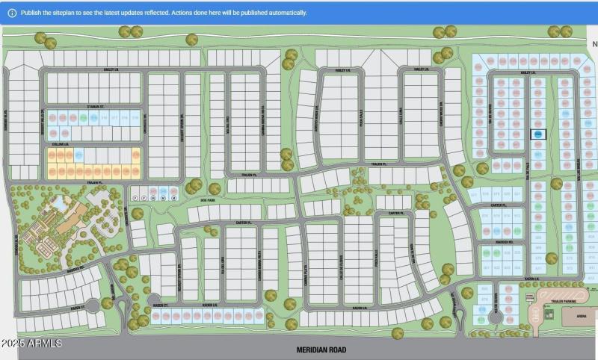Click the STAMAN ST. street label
click(93, 107)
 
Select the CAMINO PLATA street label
click(304, 265)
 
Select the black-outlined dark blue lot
click(537, 134)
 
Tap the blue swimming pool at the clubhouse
click(58, 202)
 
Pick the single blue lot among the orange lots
click(78, 155)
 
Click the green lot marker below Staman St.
click(83, 117)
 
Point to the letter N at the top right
click(594, 44)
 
